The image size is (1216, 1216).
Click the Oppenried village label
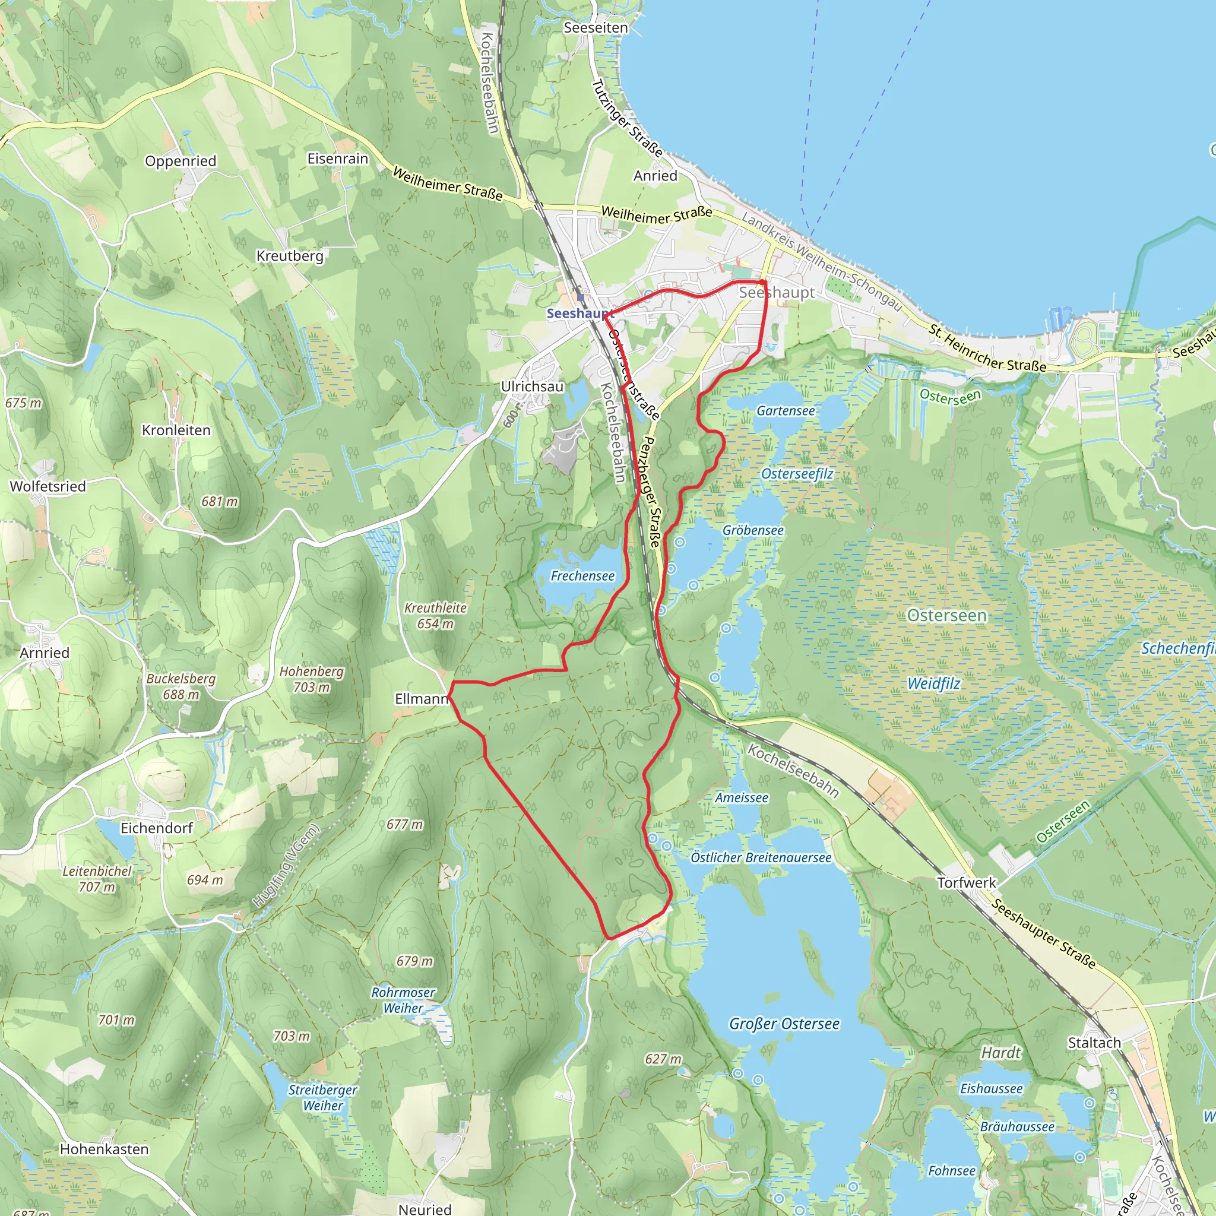[180, 161]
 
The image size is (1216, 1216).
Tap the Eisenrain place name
[337, 159]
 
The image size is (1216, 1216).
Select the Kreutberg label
[290, 256]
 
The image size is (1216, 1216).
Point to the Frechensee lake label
[582, 576]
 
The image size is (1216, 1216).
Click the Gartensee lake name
[786, 411]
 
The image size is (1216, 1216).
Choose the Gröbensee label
[753, 531]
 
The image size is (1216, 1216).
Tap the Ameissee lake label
[742, 798]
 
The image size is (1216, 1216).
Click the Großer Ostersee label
[784, 1024]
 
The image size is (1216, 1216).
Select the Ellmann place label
[421, 699]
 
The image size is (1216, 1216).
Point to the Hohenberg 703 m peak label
[312, 679]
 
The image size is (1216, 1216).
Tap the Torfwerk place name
[966, 883]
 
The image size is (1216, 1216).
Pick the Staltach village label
[1094, 1043]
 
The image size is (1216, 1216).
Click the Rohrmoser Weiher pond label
[403, 1000]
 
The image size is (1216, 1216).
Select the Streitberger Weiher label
[322, 1098]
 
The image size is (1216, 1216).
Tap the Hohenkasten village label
[104, 1149]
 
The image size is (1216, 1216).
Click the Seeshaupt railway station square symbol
[580, 297]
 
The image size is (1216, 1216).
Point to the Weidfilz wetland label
[934, 684]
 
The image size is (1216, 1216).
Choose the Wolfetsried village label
[48, 486]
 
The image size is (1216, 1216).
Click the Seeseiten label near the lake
[596, 28]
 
